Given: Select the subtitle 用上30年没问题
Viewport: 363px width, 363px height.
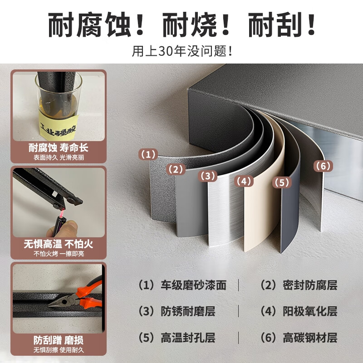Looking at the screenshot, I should tap(181, 51).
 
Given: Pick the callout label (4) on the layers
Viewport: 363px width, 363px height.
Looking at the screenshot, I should tap(243, 181).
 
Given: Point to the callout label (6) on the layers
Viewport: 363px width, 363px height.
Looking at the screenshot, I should tap(323, 166).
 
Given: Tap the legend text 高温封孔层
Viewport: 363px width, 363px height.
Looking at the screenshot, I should tap(188, 338).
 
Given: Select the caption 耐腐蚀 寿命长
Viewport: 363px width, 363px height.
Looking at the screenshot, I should tap(59, 148).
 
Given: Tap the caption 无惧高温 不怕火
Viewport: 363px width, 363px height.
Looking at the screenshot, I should tap(59, 244).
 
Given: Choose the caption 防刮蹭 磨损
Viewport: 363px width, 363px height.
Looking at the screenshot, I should tap(59, 340).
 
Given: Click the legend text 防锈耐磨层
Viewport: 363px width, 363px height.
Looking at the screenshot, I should tap(188, 311).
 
